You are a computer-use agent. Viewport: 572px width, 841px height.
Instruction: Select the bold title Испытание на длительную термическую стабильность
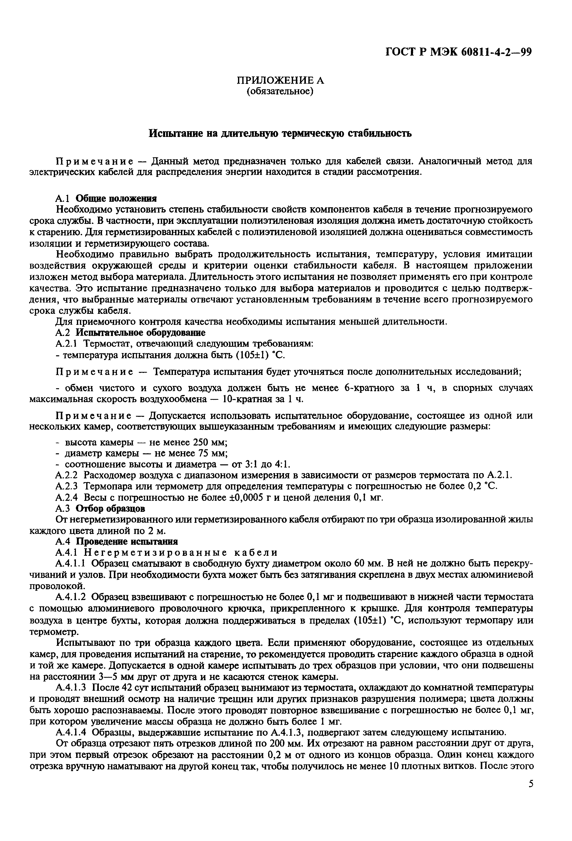tap(280, 133)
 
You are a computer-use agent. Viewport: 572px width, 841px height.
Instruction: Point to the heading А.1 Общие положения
tap(106, 198)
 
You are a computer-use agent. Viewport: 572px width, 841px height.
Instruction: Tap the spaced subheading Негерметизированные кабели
tap(181, 553)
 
